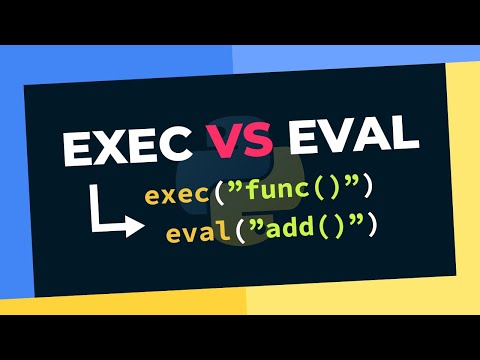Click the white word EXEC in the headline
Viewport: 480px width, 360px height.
130,146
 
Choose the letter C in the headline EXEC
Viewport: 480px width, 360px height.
176,146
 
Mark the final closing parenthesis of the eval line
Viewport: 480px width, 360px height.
371,229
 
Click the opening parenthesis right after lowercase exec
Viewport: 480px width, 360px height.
218,193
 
